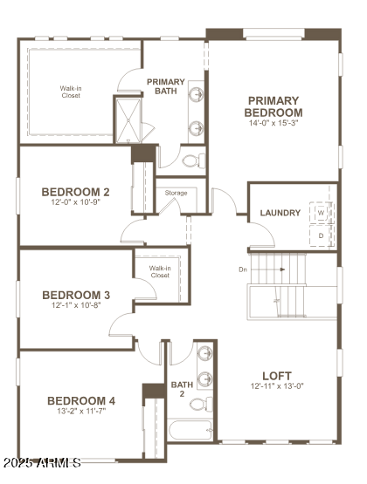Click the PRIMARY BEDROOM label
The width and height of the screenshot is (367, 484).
[x=274, y=106]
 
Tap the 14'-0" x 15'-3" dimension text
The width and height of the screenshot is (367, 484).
[x=274, y=123]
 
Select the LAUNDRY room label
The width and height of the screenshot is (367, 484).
[x=280, y=213]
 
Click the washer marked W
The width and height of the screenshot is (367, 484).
[x=321, y=213]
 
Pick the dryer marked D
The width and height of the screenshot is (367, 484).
[x=321, y=235]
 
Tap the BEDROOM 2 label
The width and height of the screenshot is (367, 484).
[x=75, y=192]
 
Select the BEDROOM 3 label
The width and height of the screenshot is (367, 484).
[x=75, y=295]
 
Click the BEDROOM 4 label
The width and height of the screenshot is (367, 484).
[x=81, y=400]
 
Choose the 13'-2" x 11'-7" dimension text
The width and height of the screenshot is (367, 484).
[x=81, y=412]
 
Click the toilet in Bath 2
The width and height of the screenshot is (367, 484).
[x=202, y=404]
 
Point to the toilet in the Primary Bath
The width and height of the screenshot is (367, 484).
[x=191, y=160]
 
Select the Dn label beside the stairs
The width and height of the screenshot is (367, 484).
[x=242, y=269]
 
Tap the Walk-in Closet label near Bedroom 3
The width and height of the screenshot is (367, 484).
[x=159, y=271]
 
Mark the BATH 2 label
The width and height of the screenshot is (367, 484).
[x=182, y=389]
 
